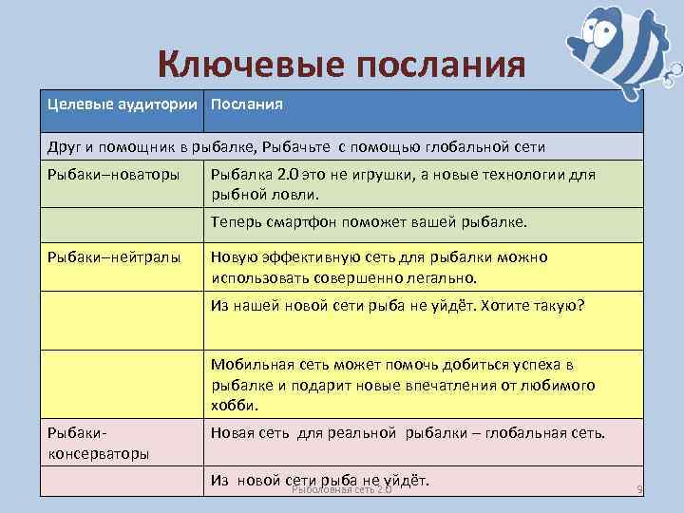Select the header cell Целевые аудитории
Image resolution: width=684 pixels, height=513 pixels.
click(124, 104)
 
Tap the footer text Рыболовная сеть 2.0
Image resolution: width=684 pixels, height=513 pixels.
click(341, 488)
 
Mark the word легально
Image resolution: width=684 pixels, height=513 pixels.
click(446, 279)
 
